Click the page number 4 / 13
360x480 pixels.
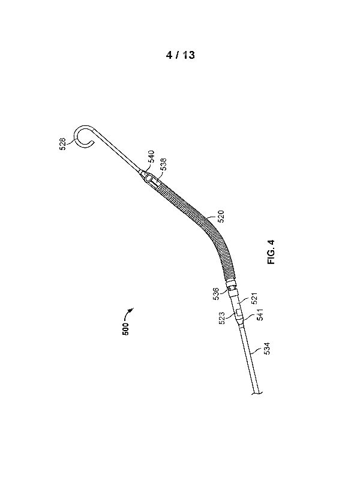coord(180,55)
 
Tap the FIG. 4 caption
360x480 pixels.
coord(271,251)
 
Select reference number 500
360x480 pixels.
coord(125,329)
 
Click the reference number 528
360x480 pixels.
coord(63,144)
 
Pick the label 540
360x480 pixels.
coord(152,157)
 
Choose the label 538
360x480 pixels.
coord(163,164)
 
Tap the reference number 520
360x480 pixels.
coord(221,217)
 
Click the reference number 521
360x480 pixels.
coord(254,299)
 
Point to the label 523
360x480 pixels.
coord(223,318)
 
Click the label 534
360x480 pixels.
coord(267,349)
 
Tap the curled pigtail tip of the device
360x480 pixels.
coord(83,136)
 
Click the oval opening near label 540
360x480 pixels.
coord(148,178)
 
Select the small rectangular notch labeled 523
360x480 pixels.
coord(238,313)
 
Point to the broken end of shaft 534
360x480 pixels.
coord(257,393)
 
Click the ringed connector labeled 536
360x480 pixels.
coord(232,288)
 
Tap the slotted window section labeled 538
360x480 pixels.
coord(154,184)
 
